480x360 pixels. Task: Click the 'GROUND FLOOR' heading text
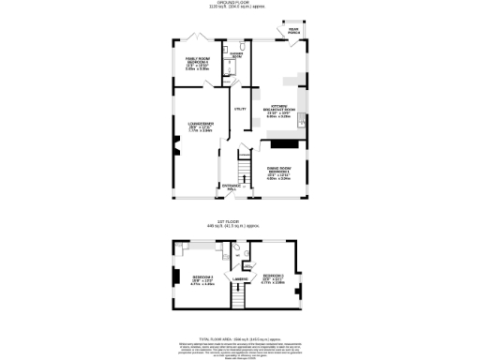(241, 3)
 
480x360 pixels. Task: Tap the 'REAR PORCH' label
(293, 32)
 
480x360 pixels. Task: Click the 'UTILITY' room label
(239, 111)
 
